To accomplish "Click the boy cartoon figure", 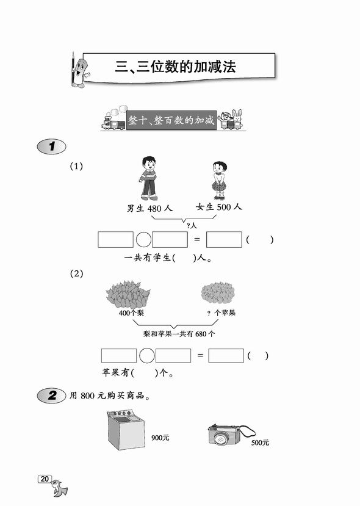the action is (148, 178).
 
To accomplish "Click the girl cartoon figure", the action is (219, 181).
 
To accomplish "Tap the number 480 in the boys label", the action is (154, 209).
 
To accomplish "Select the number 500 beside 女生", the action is (224, 207).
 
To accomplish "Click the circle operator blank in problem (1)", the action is (143, 240).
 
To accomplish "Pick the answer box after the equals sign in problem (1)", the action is (224, 239).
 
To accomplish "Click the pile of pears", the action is (128, 294).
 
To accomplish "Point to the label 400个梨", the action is (131, 313).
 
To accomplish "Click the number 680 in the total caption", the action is (201, 334).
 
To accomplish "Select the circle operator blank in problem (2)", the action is (147, 356).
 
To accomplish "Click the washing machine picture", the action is (126, 430).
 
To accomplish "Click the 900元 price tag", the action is (160, 438).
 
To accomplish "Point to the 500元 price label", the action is (260, 443).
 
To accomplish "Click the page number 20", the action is (45, 479).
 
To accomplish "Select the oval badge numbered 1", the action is (52, 146).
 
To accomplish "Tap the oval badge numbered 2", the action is (52, 396).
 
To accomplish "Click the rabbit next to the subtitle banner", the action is (237, 119).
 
